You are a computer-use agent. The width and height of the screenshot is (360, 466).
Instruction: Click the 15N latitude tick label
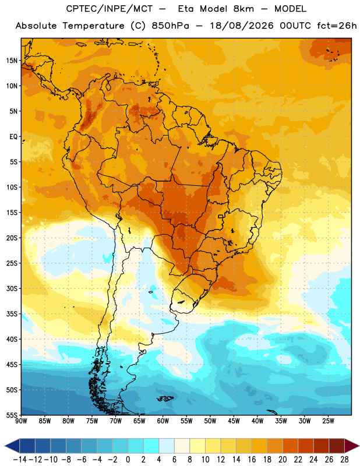12,61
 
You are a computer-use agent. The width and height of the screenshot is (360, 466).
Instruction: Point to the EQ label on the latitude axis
13,137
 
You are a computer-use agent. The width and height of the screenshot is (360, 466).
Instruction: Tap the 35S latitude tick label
12,314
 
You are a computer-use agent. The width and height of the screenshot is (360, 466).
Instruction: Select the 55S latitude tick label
12,415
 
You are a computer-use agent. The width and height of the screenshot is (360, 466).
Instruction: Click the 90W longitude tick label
21,421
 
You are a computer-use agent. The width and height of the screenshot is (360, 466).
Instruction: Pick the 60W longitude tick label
163,421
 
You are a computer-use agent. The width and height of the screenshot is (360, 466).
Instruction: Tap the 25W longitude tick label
328,421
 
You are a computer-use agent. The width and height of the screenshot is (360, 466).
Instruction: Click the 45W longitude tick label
234,421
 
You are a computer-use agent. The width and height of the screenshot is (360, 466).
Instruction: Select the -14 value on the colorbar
20,460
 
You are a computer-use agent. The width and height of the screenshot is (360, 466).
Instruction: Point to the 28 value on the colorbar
344,460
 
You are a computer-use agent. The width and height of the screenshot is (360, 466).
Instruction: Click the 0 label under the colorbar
128,460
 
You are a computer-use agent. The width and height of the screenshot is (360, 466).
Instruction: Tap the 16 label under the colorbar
252,460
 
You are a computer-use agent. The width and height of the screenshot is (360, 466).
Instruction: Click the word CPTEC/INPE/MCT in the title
109,9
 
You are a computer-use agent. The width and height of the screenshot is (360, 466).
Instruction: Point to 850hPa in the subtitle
170,26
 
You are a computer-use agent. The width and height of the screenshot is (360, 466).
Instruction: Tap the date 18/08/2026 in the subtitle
242,26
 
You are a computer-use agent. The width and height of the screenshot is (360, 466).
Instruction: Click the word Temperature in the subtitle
93,26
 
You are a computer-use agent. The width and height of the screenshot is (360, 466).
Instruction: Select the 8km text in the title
243,9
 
